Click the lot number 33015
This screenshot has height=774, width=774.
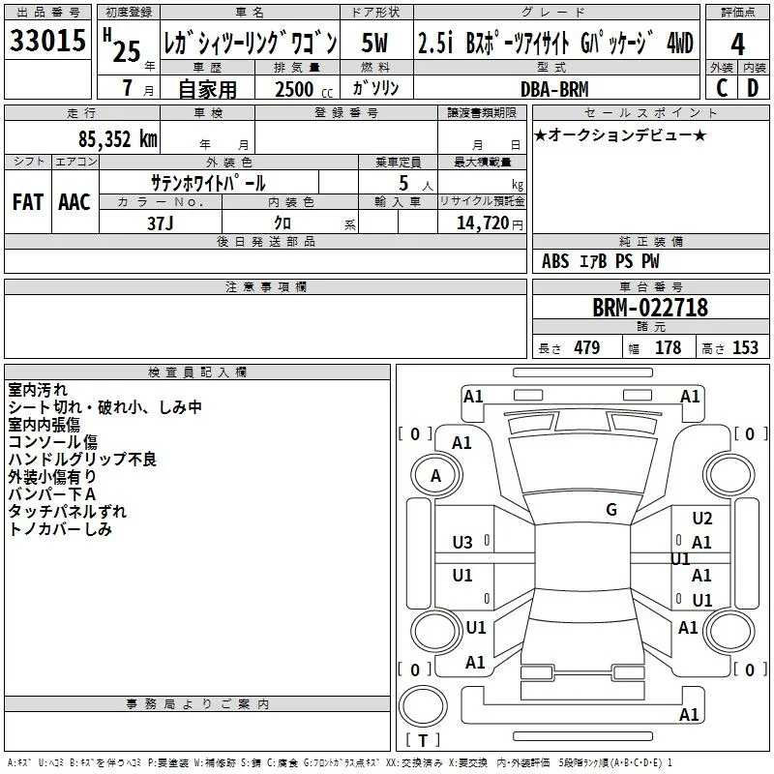tap(47, 40)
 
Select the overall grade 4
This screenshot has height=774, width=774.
tap(737, 44)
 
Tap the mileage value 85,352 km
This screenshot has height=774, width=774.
tap(117, 139)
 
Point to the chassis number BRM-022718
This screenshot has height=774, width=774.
tap(650, 308)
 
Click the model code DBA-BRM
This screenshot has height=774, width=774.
tap(554, 89)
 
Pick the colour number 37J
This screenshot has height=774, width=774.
tap(161, 223)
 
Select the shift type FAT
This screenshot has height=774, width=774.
tap(28, 202)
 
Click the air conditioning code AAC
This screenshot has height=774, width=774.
tap(74, 202)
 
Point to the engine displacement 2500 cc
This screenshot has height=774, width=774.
tap(304, 89)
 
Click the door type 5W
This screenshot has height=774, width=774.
tap(374, 43)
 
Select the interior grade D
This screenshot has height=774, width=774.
tap(753, 88)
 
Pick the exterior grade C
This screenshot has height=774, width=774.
tap(722, 88)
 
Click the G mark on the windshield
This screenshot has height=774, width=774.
tap(611, 510)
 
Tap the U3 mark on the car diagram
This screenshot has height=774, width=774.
tap(462, 543)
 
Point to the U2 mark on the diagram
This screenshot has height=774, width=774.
tap(702, 519)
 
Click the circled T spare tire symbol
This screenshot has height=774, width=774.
tap(423, 706)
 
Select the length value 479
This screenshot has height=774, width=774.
tap(587, 347)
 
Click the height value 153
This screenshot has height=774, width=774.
tap(745, 347)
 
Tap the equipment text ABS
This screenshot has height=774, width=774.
tap(555, 261)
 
